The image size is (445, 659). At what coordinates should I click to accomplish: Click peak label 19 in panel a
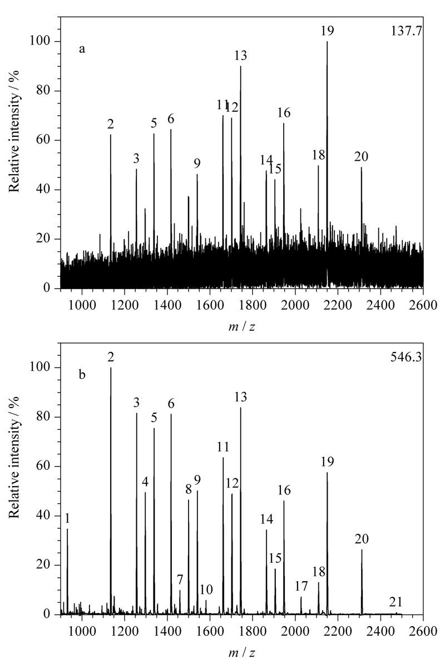click(327, 32)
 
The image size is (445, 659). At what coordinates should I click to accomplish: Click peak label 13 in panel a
click(241, 56)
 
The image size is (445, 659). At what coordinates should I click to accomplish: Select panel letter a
click(82, 49)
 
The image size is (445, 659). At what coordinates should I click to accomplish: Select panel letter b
click(82, 374)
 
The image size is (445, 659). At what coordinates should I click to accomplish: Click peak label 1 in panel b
click(67, 519)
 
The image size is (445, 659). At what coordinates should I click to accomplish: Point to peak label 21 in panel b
click(396, 602)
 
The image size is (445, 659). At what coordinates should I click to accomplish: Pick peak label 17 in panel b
click(301, 586)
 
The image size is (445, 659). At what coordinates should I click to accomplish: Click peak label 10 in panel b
click(206, 589)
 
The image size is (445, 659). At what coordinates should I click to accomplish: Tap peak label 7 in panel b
click(180, 580)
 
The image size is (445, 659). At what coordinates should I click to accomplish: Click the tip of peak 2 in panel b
click(111, 368)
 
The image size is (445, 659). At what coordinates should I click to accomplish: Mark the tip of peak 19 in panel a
click(327, 41)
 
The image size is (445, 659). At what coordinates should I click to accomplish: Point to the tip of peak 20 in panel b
click(362, 550)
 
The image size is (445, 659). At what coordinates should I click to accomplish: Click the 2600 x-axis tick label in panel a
click(423, 305)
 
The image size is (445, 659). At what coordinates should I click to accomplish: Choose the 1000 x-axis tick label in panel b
click(82, 631)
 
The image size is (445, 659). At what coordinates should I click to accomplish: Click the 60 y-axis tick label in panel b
click(45, 467)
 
